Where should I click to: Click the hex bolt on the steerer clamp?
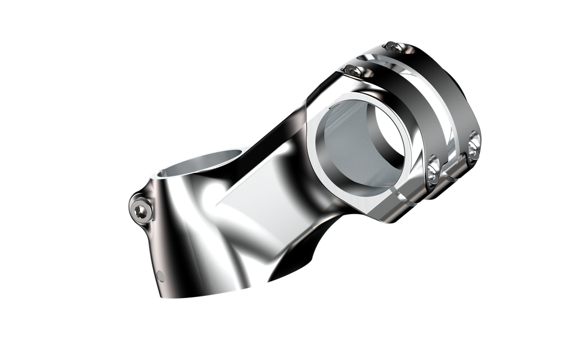click(141, 210)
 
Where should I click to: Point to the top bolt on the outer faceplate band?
click(394, 49)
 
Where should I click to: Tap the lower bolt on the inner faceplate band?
click(433, 169)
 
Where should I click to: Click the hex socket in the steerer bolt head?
click(141, 211)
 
